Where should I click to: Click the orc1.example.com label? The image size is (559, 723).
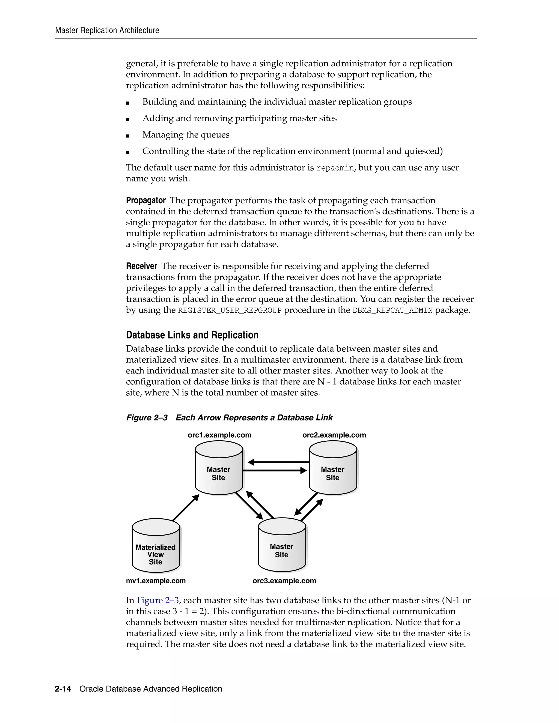pos(219,435)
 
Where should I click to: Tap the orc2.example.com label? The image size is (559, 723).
pos(334,435)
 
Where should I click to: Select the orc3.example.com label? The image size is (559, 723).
pos(284,581)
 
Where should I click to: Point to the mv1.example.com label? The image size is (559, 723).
pos(156,581)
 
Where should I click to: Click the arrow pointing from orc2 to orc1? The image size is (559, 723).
pos(278,462)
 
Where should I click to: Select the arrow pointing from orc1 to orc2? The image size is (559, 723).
pos(275,470)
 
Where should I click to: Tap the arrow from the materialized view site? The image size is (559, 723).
pos(185,507)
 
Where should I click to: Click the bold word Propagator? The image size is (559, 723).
pos(146,201)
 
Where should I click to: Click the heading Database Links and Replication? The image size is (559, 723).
pos(192,335)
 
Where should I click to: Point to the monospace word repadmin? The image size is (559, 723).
pos(335,168)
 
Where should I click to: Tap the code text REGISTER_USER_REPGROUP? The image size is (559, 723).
pos(230,310)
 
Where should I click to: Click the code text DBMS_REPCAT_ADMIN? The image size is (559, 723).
pos(393,310)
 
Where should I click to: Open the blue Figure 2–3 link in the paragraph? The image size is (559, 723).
pos(158,600)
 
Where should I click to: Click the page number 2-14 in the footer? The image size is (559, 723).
pos(63,689)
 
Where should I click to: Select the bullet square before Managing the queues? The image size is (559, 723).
pos(128,136)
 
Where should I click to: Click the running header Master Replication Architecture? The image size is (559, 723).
pos(107,31)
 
